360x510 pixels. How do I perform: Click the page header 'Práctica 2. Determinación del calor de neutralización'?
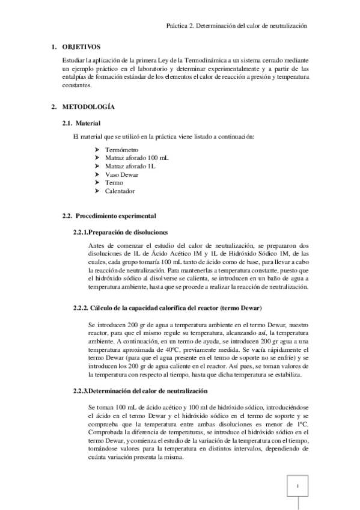pos(239,26)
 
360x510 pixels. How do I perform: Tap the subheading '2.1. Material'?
pos(77,123)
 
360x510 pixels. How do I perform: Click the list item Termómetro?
pos(121,149)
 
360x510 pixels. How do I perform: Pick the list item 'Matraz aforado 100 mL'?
pos(135,157)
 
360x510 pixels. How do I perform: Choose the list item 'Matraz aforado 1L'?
pos(129,165)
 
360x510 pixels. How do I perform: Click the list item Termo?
pos(114,182)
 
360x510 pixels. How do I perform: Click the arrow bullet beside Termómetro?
pos(97,149)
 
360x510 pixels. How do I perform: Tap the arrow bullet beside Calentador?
pos(97,191)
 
